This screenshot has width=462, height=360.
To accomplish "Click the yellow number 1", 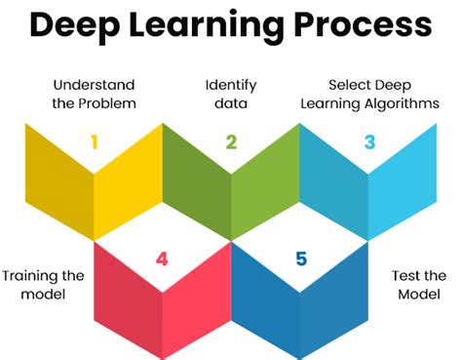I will (x=95, y=142).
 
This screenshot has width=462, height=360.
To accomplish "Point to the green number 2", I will (x=231, y=142).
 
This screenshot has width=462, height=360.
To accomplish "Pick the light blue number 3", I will (x=369, y=142).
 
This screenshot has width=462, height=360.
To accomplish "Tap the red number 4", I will (x=163, y=260).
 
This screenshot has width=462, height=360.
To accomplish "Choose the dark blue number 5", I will (x=301, y=260).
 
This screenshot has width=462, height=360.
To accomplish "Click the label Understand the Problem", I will (x=95, y=94).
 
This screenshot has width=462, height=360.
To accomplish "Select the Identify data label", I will (x=231, y=94).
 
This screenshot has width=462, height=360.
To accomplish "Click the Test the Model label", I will (x=419, y=284).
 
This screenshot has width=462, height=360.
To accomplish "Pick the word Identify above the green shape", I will (x=231, y=85).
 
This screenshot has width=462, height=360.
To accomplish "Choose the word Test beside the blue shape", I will (x=405, y=275).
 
